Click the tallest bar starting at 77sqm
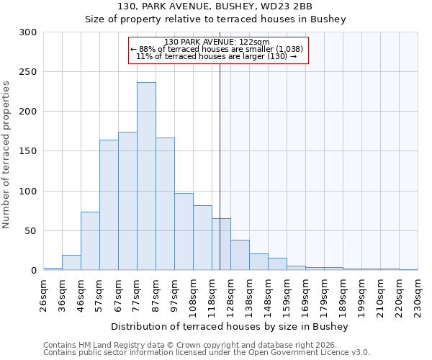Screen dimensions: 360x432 [146, 176]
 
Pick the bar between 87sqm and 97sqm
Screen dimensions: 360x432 [165, 204]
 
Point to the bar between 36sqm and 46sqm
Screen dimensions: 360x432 [71, 263]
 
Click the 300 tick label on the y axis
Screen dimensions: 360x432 [28, 32]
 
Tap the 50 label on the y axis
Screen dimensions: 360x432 [31, 231]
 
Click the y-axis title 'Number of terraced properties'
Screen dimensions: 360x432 [6, 155]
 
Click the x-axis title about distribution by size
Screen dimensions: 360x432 [230, 327]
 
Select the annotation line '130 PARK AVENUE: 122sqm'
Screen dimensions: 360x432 [217, 42]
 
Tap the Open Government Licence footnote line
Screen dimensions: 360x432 [207, 352]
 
